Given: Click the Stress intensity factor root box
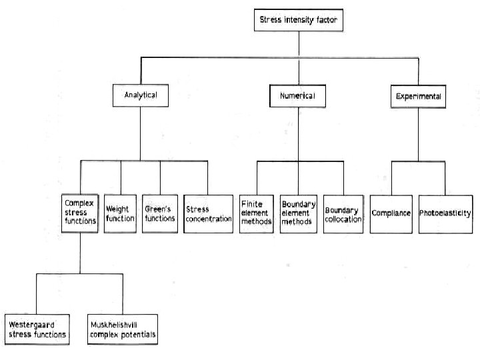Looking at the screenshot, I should click(x=299, y=21).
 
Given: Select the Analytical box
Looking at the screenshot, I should click(x=141, y=95).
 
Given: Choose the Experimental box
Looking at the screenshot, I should click(x=418, y=97).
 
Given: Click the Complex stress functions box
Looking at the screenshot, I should click(x=80, y=212).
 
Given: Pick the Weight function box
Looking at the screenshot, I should click(x=120, y=213).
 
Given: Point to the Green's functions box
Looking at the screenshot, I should click(x=160, y=213).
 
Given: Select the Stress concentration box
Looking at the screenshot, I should click(x=208, y=213).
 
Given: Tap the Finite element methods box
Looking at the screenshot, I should click(x=256, y=213).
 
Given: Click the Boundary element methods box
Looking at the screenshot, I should click(x=298, y=213).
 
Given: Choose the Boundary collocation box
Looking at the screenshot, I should click(x=343, y=213).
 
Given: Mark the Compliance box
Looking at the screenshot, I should click(x=391, y=213).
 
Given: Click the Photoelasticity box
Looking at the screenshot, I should click(x=445, y=213).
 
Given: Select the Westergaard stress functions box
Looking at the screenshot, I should click(x=37, y=329).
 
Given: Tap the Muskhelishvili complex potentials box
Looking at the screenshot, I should click(x=123, y=329).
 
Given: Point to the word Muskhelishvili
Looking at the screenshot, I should click(x=113, y=325).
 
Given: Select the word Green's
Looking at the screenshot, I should click(x=159, y=209).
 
